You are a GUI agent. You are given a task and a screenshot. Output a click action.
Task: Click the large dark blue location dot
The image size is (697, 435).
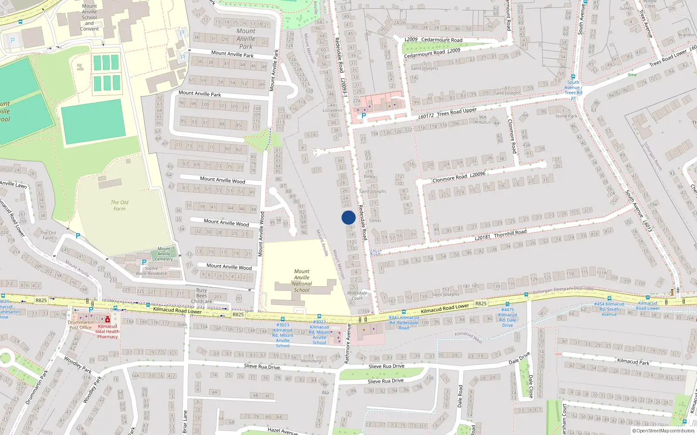point(348,217)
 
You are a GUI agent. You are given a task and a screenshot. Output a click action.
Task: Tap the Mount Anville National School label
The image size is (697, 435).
point(301,281)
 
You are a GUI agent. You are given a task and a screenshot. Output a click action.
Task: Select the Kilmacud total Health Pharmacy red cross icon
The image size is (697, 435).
point(108,320)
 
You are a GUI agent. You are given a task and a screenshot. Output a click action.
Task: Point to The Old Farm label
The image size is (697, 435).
point(119,205)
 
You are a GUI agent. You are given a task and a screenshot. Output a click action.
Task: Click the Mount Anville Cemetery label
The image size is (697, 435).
point(164,254)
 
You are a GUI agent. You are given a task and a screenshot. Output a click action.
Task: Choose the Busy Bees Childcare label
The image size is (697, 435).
point(201,295)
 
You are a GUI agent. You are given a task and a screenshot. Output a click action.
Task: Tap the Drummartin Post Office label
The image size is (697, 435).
point(81,325)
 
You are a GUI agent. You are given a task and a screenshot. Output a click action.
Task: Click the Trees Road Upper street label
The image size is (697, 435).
point(457,112)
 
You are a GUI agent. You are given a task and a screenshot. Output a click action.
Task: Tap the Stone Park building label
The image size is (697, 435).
point(566,114)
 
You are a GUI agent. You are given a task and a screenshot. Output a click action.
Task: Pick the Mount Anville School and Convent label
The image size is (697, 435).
point(89,17)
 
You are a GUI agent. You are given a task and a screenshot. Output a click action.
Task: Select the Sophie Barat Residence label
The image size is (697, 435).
point(151,271)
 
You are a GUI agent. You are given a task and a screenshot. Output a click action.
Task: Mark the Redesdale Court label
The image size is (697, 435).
point(357,295)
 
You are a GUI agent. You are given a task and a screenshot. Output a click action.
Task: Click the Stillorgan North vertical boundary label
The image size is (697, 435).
point(653,156)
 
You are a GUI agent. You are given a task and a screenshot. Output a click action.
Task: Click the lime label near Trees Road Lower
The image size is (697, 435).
point(632,75)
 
